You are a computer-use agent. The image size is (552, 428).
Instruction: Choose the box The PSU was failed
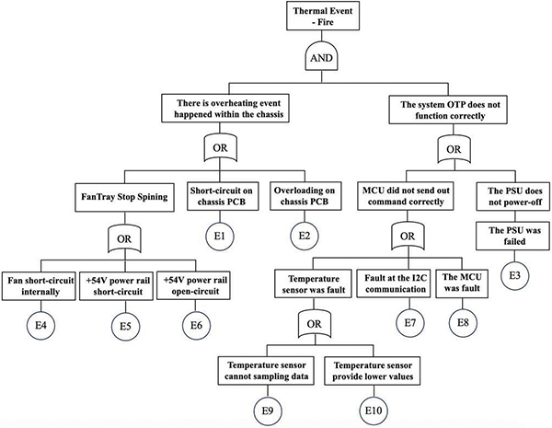pos(511,234)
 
